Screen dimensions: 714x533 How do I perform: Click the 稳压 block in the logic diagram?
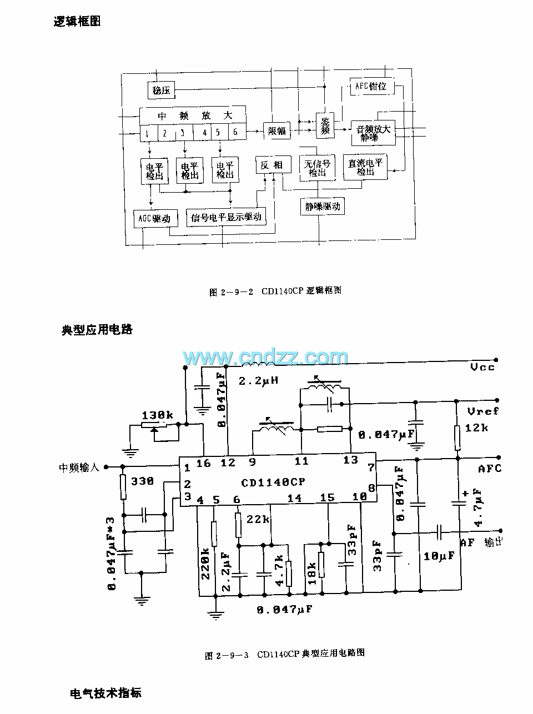[x=161, y=89]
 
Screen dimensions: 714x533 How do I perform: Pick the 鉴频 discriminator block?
[x=325, y=125]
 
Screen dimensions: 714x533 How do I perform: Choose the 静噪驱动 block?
[x=323, y=207]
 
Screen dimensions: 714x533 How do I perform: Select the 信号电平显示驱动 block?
[x=226, y=217]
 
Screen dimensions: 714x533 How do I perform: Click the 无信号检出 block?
[x=317, y=168]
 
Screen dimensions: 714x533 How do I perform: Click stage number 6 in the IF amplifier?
[x=235, y=132]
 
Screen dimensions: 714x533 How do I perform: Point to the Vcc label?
[x=482, y=367]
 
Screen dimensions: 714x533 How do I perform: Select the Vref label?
[x=483, y=411]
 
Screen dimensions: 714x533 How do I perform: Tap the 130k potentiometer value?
[x=157, y=415]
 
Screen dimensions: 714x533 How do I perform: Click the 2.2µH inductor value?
[x=258, y=381]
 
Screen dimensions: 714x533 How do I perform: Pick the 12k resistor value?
[x=477, y=428]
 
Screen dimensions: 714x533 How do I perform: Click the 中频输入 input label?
[x=79, y=467]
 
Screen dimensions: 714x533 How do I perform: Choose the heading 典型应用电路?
[x=97, y=329]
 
